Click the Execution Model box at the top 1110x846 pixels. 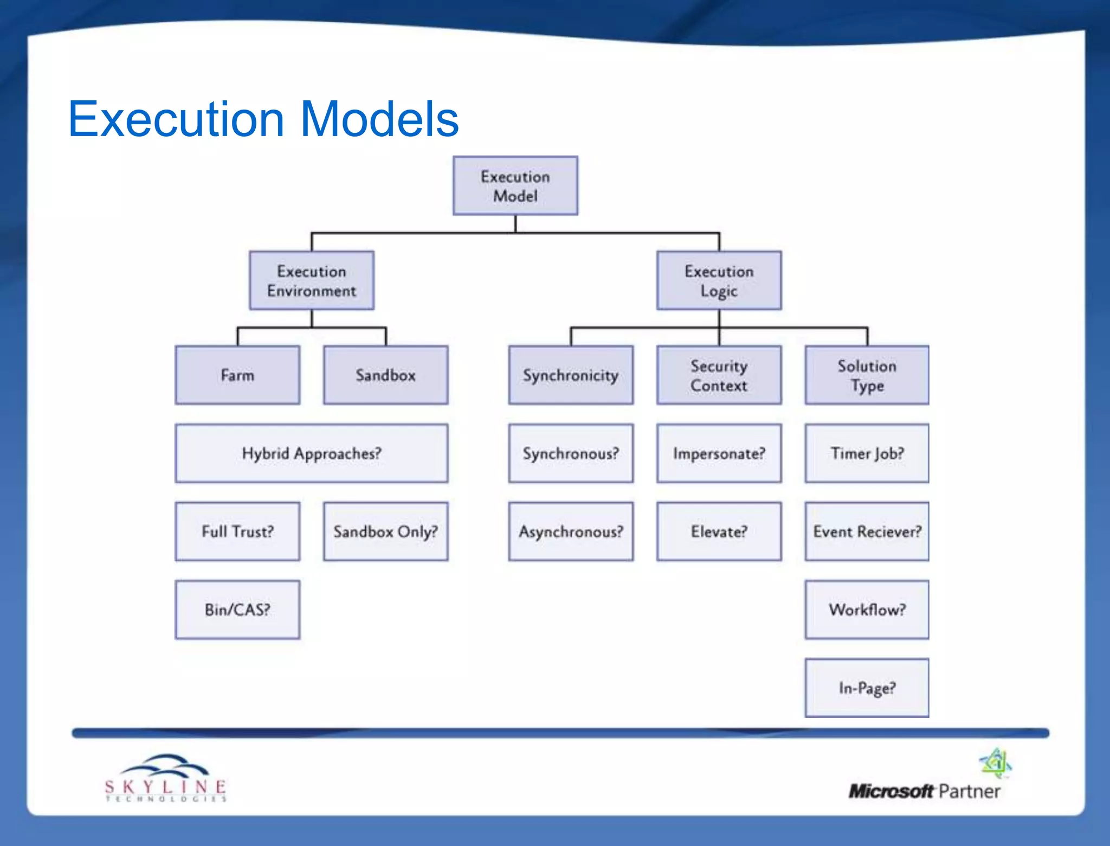click(x=515, y=185)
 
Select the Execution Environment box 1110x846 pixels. click(x=312, y=280)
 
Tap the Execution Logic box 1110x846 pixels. click(x=719, y=280)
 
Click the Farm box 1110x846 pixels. click(x=237, y=375)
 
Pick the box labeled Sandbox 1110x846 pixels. click(x=385, y=375)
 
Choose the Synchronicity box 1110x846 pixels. click(x=570, y=375)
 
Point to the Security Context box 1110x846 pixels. click(x=719, y=375)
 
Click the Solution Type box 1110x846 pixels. click(x=867, y=375)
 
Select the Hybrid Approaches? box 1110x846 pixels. click(x=312, y=453)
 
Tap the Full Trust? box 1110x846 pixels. click(x=237, y=531)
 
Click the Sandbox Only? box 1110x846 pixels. click(x=385, y=531)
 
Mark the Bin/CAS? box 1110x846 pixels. click(x=237, y=610)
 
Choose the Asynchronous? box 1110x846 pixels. click(x=570, y=531)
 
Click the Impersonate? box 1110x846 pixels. click(x=719, y=453)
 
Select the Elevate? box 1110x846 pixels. click(x=719, y=531)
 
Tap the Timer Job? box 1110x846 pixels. click(x=867, y=453)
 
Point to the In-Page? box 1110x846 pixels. click(x=867, y=688)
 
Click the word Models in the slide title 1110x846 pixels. click(x=379, y=119)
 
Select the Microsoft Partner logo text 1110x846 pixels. click(x=924, y=791)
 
